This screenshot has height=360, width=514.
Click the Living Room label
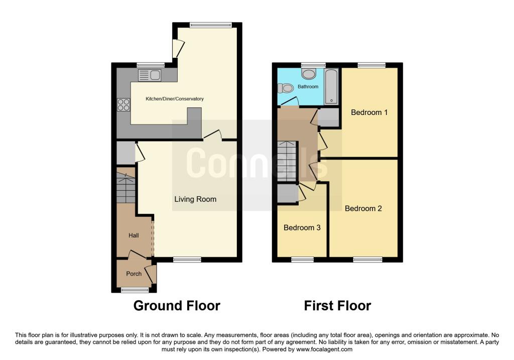(x=195, y=199)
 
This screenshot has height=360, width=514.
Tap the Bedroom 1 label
(x=369, y=112)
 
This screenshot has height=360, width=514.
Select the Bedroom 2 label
(x=363, y=208)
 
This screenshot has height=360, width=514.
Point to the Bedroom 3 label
(x=302, y=227)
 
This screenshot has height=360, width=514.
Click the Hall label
(x=134, y=235)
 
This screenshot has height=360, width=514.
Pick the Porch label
(x=134, y=274)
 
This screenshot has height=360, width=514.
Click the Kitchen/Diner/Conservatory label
(x=175, y=99)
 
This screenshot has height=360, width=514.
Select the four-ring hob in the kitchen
(x=123, y=105)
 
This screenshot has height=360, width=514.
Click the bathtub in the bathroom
(x=331, y=87)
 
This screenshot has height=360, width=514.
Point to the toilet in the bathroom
(x=287, y=88)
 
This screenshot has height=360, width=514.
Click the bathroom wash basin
(x=309, y=75)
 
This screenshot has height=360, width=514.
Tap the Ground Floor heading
(x=177, y=305)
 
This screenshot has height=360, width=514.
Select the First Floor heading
(x=337, y=305)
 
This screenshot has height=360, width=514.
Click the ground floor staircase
(x=126, y=188)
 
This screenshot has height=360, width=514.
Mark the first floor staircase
(x=287, y=162)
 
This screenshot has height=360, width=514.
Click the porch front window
(x=136, y=290)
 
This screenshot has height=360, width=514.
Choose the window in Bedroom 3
(x=302, y=260)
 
